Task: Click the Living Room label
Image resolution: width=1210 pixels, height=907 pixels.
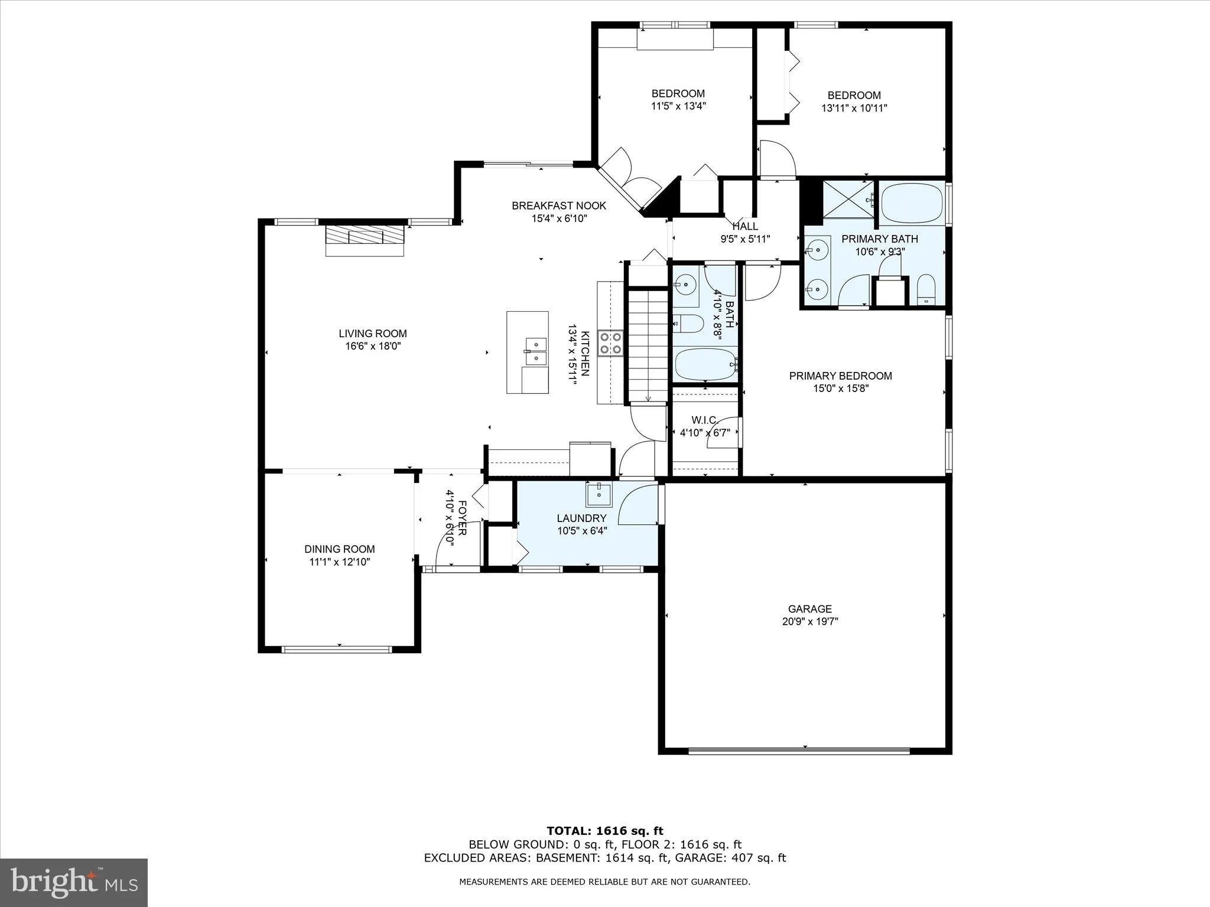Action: point(372,334)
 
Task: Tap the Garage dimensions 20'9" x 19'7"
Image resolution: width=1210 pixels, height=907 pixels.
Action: point(809,622)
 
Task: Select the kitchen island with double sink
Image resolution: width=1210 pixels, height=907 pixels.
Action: point(528,352)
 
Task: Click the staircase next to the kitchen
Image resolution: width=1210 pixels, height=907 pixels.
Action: point(648,345)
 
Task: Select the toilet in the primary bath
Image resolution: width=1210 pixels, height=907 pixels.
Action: point(926,290)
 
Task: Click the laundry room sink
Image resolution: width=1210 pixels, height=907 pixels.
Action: point(599,494)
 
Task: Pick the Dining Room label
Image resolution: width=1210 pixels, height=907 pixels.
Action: point(340,549)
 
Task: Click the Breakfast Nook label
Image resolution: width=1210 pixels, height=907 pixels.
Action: point(559,205)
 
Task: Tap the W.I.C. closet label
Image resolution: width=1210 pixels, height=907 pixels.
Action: point(704,420)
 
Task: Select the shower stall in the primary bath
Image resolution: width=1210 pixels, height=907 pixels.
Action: point(848,200)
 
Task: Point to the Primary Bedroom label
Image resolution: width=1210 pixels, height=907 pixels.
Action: point(840,376)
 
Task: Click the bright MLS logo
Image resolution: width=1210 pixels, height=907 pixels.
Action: point(74,883)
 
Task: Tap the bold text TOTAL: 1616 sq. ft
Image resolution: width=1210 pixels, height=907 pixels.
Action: point(604,831)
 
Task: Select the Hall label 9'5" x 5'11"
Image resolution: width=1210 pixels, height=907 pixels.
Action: point(745,233)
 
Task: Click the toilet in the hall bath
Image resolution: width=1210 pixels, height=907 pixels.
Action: point(689,324)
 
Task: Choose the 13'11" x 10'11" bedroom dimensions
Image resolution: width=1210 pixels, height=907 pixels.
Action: point(854,108)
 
